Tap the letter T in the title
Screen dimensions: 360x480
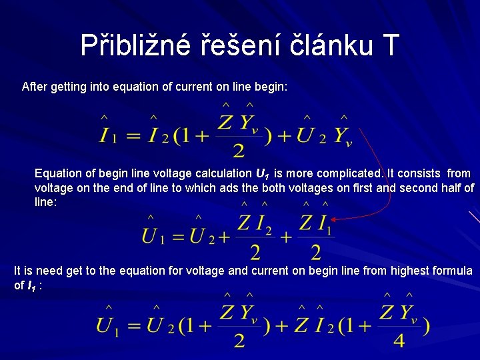tap(390, 45)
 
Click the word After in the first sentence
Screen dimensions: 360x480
tap(35, 87)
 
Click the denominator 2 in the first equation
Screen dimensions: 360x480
tap(239, 149)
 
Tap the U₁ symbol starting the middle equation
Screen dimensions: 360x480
tap(153, 235)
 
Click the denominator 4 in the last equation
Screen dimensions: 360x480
tap(399, 340)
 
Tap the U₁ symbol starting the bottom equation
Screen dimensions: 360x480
tap(107, 326)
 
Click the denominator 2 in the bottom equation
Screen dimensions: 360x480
tap(239, 340)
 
